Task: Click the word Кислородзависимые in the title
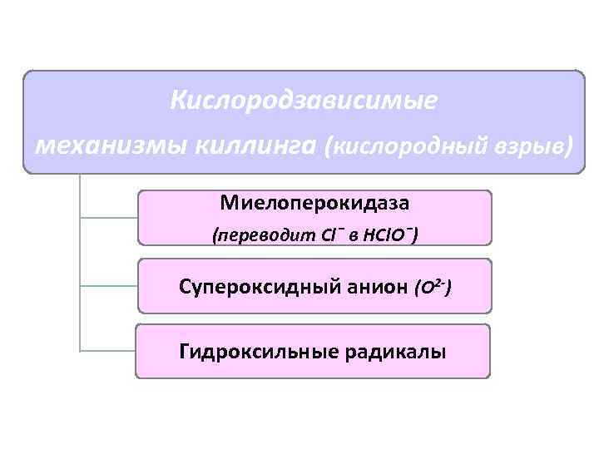(303, 101)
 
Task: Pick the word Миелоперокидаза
(315, 202)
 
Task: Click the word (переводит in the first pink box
(264, 236)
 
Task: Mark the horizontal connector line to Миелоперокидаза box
(108, 218)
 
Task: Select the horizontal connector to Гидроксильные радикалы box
(108, 350)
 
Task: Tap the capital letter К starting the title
(176, 101)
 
